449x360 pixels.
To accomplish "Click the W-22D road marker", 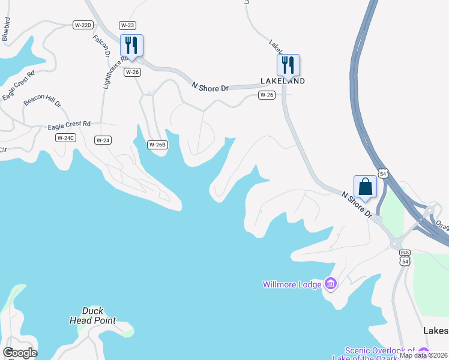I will click(83, 25).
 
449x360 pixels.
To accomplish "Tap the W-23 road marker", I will click(127, 25).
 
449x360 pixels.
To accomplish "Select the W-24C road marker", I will click(65, 138).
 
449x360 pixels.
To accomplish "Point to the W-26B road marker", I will click(157, 145).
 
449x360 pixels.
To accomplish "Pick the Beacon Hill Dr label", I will click(43, 100).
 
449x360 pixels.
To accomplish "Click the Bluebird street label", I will click(7, 29).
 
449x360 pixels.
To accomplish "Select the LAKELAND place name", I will click(283, 80).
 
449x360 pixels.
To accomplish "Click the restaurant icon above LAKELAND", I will click(288, 64).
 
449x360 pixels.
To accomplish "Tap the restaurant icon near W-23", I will click(131, 45).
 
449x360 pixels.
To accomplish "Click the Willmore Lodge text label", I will click(291, 284).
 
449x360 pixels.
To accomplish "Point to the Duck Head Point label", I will click(93, 316).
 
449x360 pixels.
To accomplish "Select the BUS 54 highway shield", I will click(405, 257).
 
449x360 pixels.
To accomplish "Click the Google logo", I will click(20, 353).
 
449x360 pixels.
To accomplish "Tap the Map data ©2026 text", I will click(423, 355).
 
